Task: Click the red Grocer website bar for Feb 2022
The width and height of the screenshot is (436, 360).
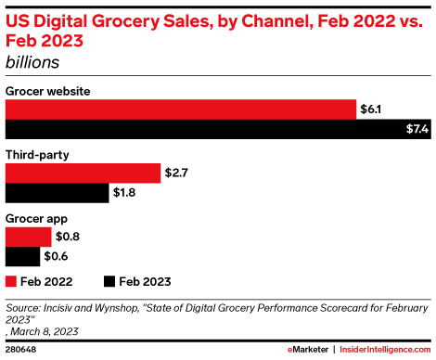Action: click(x=181, y=109)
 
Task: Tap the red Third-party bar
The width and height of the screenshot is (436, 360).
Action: click(x=83, y=173)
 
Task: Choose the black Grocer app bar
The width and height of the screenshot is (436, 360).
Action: click(x=23, y=256)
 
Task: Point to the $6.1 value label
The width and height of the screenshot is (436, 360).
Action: click(x=370, y=109)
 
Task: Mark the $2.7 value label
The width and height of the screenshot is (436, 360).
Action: click(x=176, y=173)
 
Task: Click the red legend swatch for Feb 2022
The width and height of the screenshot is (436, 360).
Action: click(x=12, y=279)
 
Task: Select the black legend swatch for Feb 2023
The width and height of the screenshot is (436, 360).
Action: click(x=109, y=279)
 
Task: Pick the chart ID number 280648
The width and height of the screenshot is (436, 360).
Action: click(x=22, y=350)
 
